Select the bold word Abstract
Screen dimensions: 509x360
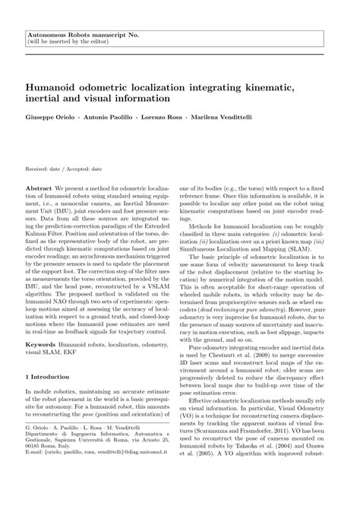pyautogui.click(x=39, y=187)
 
